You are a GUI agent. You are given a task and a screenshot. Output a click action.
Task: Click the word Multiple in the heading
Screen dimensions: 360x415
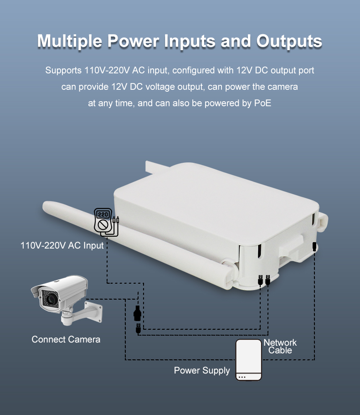70,41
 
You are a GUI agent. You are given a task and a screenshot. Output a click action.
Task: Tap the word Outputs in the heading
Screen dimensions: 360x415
289,41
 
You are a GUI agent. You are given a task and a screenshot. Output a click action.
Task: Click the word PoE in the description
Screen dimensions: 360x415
262,103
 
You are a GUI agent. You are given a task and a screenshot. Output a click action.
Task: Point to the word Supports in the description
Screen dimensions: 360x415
63,70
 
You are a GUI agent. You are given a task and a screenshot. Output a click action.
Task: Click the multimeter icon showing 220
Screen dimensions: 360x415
106,222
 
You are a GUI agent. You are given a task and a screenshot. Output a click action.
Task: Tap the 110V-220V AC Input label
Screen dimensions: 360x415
62,245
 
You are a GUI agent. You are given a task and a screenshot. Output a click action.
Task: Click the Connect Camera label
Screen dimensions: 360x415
66,339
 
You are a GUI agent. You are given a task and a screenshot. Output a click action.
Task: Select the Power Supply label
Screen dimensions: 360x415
202,370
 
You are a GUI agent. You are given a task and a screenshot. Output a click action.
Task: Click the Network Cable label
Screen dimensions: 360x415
280,346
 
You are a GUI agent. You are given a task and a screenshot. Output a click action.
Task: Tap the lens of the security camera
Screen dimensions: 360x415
49,299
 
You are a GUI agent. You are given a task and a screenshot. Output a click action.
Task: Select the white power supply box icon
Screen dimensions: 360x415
249,360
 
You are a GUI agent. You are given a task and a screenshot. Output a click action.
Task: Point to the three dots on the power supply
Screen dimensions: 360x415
242,377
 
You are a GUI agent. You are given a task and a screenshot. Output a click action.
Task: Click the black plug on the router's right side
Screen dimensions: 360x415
314,246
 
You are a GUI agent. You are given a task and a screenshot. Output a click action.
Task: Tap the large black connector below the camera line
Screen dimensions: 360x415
137,313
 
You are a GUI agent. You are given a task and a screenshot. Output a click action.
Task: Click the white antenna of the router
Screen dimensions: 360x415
138,244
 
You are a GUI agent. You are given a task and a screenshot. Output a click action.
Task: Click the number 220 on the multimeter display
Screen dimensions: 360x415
103,214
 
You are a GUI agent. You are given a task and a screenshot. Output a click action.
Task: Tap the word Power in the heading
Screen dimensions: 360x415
133,41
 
